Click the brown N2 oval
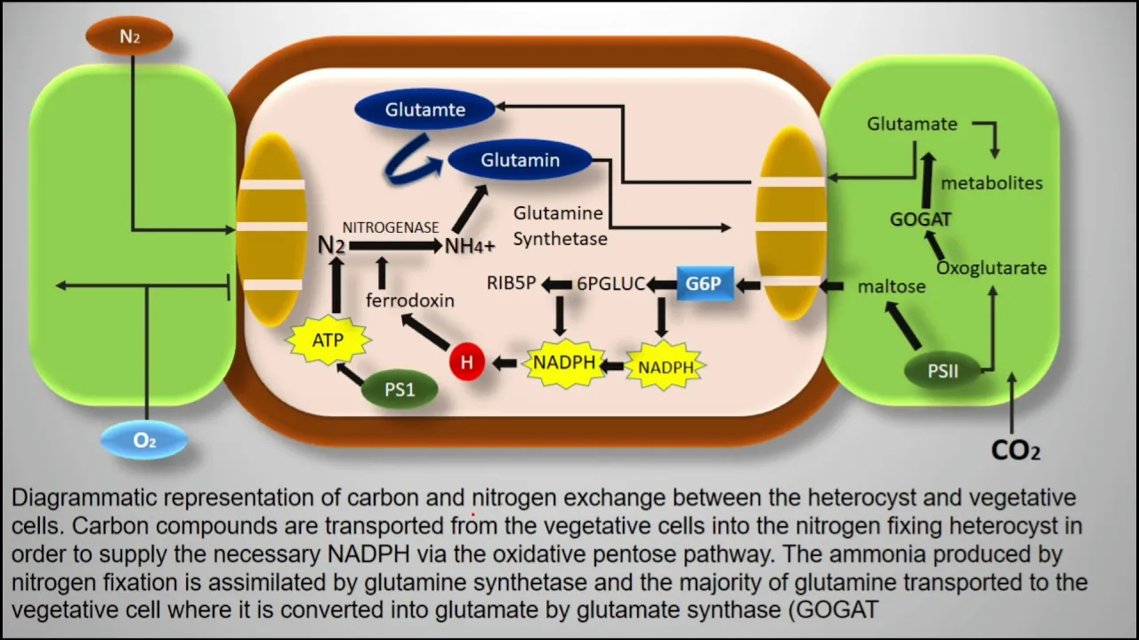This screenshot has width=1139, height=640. [129, 36]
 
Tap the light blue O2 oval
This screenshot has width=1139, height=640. [144, 440]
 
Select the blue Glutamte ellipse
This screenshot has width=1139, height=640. [424, 109]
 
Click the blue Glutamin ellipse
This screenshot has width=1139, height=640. [520, 160]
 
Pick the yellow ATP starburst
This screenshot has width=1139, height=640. [328, 340]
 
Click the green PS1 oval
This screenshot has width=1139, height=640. [400, 389]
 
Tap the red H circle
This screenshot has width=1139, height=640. [467, 362]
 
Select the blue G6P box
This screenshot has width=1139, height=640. [706, 284]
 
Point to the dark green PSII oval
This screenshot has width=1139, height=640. [942, 371]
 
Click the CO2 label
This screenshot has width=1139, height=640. [1015, 450]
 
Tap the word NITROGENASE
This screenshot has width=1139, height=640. [391, 228]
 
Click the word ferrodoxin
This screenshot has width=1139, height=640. [410, 300]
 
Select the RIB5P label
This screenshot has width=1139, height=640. [511, 283]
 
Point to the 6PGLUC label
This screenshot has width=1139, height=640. [610, 284]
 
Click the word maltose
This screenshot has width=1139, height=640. [892, 287]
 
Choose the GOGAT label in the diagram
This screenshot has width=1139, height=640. [920, 220]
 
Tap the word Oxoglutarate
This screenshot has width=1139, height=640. [991, 268]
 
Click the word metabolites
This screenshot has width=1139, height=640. [991, 183]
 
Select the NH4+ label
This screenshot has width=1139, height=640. [469, 246]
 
